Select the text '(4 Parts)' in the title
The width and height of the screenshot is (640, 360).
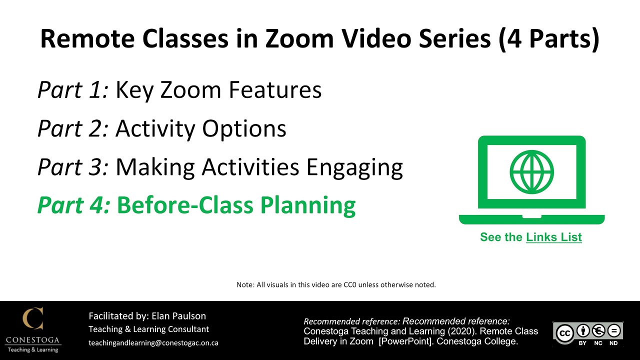pyautogui.click(x=549, y=38)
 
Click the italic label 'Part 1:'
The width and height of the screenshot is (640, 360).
pyautogui.click(x=73, y=90)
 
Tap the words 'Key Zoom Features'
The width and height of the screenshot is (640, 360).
pyautogui.click(x=218, y=90)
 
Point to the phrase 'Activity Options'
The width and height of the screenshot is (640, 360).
pyautogui.click(x=200, y=128)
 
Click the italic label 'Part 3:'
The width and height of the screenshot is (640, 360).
pyautogui.click(x=73, y=167)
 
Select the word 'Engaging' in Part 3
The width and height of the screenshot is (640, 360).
pyautogui.click(x=354, y=168)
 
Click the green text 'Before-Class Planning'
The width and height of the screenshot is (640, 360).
pyautogui.click(x=236, y=205)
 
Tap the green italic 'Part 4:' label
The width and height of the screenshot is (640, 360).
pyautogui.click(x=74, y=205)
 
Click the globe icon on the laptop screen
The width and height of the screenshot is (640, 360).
pyautogui.click(x=531, y=171)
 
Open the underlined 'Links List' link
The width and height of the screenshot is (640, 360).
pyautogui.click(x=553, y=237)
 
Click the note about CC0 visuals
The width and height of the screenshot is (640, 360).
pyautogui.click(x=336, y=285)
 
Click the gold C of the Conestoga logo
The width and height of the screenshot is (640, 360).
pyautogui.click(x=33, y=319)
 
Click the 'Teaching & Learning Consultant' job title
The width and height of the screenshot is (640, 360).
pyautogui.click(x=149, y=329)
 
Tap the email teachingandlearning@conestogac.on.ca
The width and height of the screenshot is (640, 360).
pyautogui.click(x=153, y=343)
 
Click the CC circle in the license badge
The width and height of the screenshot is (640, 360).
pyautogui.click(x=565, y=333)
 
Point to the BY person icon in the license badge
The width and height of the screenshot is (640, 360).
pyautogui.click(x=582, y=331)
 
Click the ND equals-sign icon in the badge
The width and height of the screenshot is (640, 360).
pyautogui.click(x=613, y=331)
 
